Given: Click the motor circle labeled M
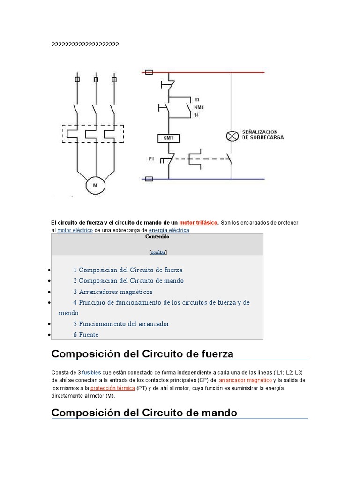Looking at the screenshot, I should tap(96, 185).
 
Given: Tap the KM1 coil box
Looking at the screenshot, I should tap(168, 138).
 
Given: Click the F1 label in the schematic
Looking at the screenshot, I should tap(151, 159).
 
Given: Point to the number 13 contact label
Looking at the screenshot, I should tap(196, 100).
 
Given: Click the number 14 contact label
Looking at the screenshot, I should tap(196, 115).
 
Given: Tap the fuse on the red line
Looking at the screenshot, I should tap(150, 72).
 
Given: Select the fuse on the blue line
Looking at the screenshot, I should tap(150, 179).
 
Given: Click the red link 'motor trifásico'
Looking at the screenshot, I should tap(198, 223).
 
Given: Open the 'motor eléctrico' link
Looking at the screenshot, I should tap(75, 230).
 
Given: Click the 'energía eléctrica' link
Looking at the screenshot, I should tap(169, 230).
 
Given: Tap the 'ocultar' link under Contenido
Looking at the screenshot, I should tap(158, 252).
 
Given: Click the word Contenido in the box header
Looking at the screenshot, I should tap(157, 237).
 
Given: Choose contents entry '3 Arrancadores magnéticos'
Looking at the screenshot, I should tap(113, 292).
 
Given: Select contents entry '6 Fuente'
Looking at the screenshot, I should tap(86, 335).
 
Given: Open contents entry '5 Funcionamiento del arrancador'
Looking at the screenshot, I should tap(121, 324).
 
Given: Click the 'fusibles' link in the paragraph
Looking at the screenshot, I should tap(91, 372).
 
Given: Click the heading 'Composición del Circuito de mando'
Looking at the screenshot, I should tap(144, 412).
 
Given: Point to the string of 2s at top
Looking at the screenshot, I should tap(85, 45).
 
